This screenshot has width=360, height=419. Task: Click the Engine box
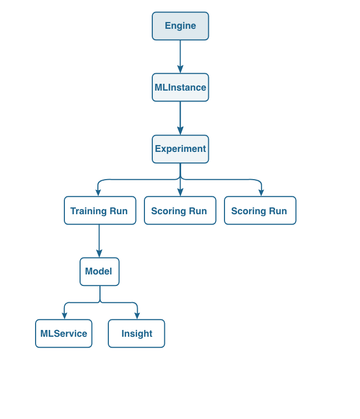pos(180,26)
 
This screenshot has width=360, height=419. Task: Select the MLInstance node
pos(180,87)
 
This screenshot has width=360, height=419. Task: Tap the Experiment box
pos(180,149)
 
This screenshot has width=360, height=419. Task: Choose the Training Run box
pos(100,211)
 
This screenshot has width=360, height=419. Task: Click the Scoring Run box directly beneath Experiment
pos(179,211)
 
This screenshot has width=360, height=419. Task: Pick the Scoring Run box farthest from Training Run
pos(260,211)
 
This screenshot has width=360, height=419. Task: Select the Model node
pos(99,272)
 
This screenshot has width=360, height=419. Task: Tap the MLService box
pos(63,334)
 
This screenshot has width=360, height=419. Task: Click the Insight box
pos(136,334)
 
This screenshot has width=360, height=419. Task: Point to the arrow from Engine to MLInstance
pos(180,55)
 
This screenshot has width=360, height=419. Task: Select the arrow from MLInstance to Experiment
pos(180,117)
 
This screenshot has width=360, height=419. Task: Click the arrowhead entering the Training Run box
pos(98,193)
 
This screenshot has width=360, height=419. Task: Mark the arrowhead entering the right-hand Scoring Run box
pos(261,193)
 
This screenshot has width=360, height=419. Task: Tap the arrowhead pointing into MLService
pos(64,316)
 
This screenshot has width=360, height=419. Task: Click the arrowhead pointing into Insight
pos(137,316)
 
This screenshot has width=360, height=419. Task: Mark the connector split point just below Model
pos(100,302)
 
